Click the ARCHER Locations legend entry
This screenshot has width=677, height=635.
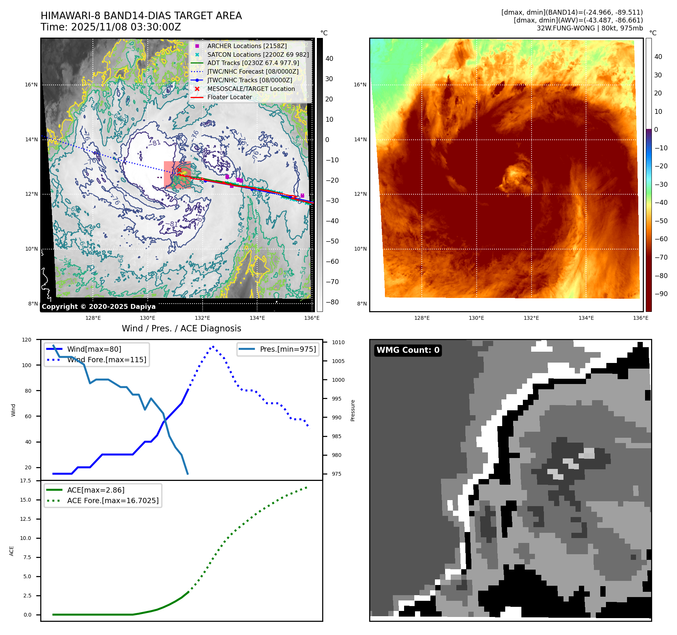click(247, 46)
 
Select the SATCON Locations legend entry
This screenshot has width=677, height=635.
click(258, 54)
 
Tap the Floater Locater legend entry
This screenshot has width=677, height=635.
click(229, 97)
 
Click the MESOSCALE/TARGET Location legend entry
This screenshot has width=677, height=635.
click(251, 89)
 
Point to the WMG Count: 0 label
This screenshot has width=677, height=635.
click(408, 350)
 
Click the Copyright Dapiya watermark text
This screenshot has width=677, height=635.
click(98, 307)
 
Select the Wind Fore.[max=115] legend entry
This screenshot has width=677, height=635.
click(107, 360)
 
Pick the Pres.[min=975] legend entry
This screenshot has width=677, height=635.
click(288, 349)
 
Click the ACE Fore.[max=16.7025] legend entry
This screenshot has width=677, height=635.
click(113, 500)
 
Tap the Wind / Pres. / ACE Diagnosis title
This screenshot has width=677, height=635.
click(181, 328)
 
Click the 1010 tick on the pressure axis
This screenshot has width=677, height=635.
click(338, 342)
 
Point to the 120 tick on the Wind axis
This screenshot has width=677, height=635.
click(27, 340)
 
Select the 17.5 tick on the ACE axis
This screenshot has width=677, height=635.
click(26, 481)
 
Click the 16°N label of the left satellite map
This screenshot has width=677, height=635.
click(31, 85)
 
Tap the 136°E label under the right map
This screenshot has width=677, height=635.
click(641, 318)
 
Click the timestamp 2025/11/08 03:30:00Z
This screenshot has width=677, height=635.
click(126, 27)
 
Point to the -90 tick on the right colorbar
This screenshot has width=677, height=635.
click(661, 294)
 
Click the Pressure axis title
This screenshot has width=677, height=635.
click(353, 410)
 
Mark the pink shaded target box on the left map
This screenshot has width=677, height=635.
click(177, 175)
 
